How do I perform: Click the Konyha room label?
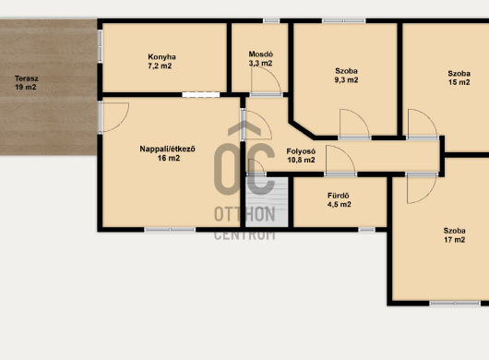point(161,57)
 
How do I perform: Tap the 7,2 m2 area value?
point(160,66)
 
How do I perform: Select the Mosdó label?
point(261,54)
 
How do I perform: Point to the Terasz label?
point(27,78)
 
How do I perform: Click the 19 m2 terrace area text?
point(26,87)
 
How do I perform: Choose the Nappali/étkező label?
point(168,150)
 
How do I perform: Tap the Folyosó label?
point(301,151)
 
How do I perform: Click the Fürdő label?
point(339,196)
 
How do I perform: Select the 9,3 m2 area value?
point(346,80)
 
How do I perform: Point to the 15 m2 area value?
point(459,82)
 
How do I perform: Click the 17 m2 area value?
point(454,240)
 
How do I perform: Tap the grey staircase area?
point(267,202)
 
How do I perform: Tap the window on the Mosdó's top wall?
point(271,20)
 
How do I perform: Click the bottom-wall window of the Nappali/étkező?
point(170,230)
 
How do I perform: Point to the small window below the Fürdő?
point(366,230)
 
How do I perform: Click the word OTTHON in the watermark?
point(244,214)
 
